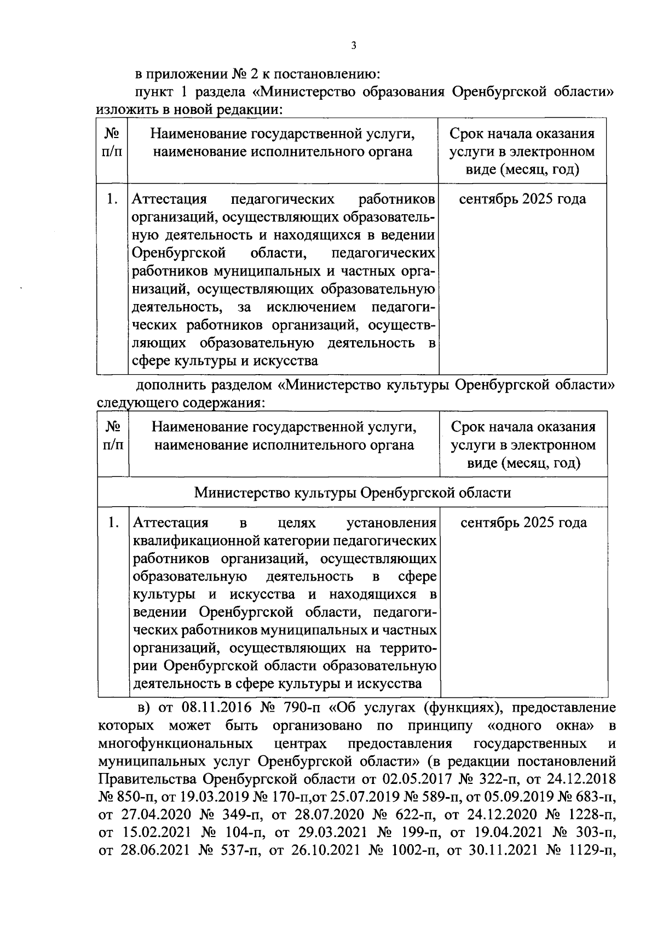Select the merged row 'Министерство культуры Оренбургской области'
point(353,492)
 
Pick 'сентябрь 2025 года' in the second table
point(523,523)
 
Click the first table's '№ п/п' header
point(112,142)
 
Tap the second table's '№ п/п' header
point(113,436)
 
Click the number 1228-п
point(587,815)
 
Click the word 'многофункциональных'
point(175,743)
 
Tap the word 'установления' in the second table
point(392,523)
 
